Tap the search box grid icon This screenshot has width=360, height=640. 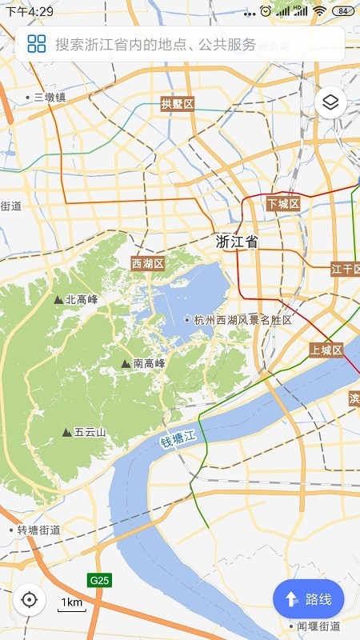coord(36,43)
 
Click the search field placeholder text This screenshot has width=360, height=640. coord(156,44)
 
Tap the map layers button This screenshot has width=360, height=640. coord(330,102)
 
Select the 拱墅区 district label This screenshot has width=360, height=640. coord(178,104)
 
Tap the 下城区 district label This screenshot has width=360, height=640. coord(283,204)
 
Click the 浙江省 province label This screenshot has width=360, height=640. coord(238,242)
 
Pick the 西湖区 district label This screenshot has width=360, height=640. coord(148,263)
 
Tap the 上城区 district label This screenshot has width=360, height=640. coord(326,350)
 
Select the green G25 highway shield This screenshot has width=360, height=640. coord(99,579)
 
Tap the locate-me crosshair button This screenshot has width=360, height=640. coord(30,599)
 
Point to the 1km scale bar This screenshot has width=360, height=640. coord(72,605)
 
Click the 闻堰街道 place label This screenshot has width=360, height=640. coord(318,626)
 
